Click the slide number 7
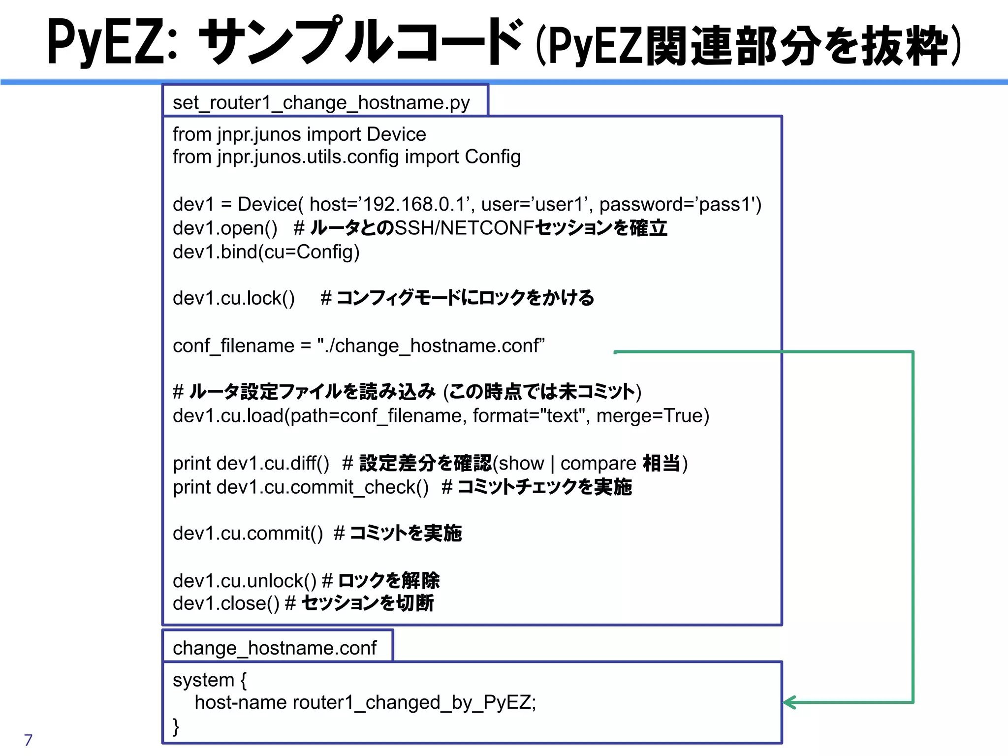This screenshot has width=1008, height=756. pos(28,740)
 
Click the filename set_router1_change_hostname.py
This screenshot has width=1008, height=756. pos(321,102)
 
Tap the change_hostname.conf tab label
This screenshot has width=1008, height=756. pos(275,648)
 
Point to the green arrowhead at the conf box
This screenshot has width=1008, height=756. pos(789,702)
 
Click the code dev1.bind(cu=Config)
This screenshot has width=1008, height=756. pos(266,252)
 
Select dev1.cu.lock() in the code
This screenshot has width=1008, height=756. pos(234,298)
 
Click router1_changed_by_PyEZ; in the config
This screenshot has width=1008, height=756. pos(414,702)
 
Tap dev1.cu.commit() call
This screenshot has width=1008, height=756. pos(248,534)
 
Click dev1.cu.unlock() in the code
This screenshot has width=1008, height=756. pos(245,581)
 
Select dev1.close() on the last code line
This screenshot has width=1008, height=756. pos(226,603)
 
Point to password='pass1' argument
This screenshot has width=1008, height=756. pos(679,204)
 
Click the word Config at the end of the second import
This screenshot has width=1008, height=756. pos(493,157)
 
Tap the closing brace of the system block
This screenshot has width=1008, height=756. pos(176,726)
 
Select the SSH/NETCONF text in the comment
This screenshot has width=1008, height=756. pos(464,228)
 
